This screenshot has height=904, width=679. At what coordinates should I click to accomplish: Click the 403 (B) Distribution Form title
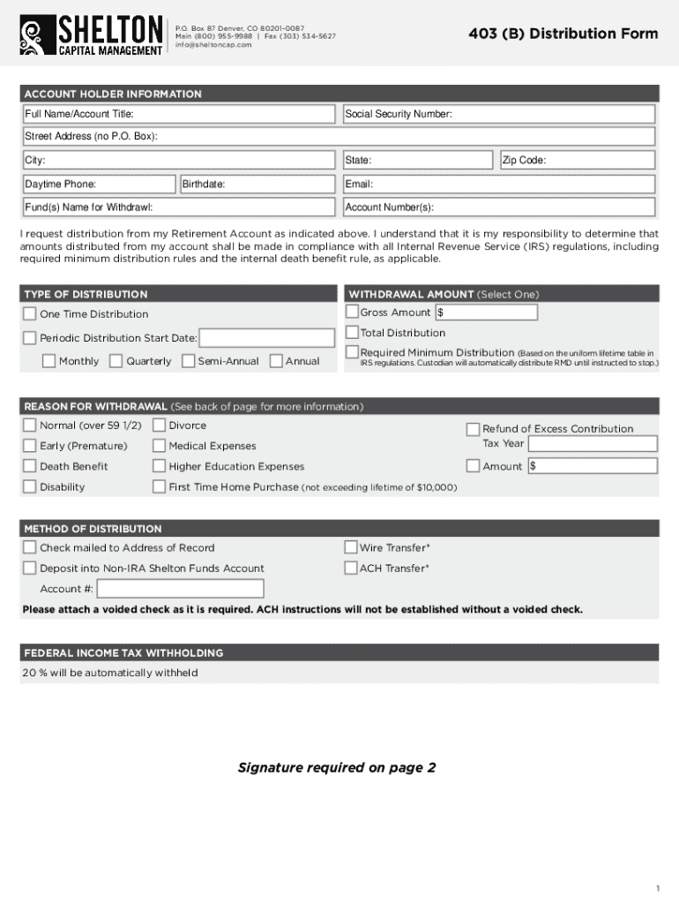click(563, 34)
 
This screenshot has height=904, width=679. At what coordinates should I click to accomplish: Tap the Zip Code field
click(577, 160)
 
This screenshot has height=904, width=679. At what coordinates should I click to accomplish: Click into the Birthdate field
click(258, 184)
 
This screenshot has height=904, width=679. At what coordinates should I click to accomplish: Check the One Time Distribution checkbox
click(30, 313)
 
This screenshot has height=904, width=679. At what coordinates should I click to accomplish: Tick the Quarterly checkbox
click(116, 360)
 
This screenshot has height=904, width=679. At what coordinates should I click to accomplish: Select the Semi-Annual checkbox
click(188, 360)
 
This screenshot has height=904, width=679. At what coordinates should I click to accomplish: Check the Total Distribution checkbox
click(352, 332)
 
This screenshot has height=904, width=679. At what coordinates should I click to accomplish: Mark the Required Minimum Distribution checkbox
click(352, 352)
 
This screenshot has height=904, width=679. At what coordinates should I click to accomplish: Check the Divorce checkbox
click(159, 425)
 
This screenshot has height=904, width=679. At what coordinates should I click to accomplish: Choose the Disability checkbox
click(30, 486)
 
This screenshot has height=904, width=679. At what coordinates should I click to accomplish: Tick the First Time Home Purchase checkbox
click(159, 486)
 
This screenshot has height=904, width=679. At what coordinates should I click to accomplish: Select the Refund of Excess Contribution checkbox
click(473, 428)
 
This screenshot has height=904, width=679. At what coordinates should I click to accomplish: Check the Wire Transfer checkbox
click(351, 547)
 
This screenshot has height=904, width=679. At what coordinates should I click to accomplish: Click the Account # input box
click(180, 589)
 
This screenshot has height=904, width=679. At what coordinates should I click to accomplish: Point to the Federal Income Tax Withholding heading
click(123, 653)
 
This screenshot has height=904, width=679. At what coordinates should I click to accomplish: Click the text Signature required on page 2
click(337, 767)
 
